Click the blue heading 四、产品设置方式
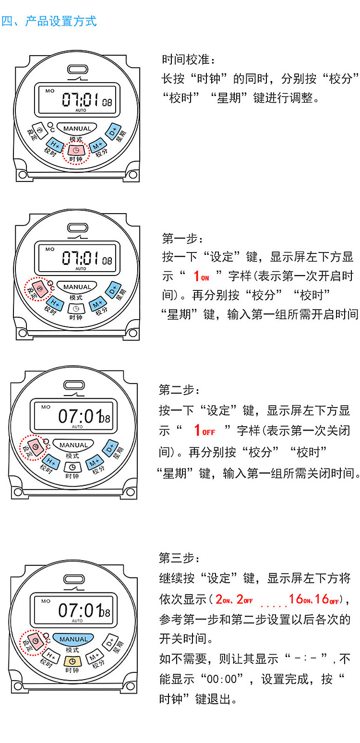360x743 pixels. point(49,21)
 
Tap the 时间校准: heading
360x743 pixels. point(189,60)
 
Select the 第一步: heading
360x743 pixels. point(182,238)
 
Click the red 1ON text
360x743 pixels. point(201,276)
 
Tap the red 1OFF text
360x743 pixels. point(204,430)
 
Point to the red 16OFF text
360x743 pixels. point(327,599)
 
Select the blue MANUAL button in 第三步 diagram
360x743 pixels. point(73,639)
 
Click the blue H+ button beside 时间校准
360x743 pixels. point(53,144)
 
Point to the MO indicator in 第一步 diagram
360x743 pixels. point(50,249)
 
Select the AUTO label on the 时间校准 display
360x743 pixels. point(81,110)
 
